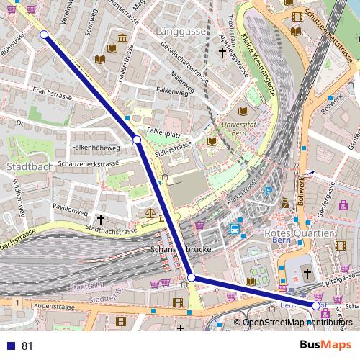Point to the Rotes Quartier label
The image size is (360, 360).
[x=300, y=234]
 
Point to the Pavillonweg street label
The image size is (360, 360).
[x=70, y=214]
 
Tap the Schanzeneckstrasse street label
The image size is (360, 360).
[x=89, y=164]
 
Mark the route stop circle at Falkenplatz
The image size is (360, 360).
[x=137, y=139]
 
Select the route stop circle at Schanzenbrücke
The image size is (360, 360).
[x=191, y=277]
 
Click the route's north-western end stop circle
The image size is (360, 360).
[x=44, y=35]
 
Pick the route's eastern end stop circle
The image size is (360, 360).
[x=315, y=306]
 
